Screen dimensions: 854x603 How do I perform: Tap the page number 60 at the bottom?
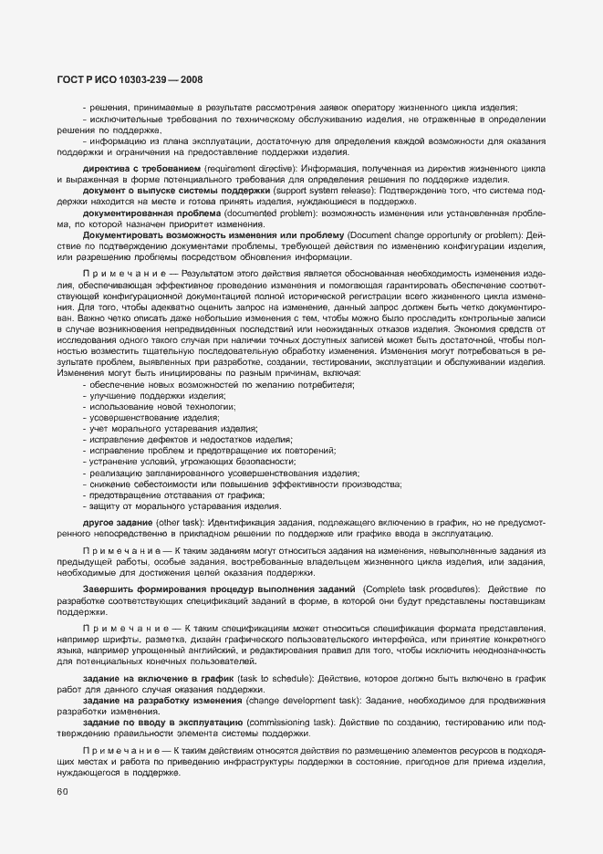[x=61, y=792]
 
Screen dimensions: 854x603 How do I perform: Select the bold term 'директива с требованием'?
[x=140, y=170]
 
